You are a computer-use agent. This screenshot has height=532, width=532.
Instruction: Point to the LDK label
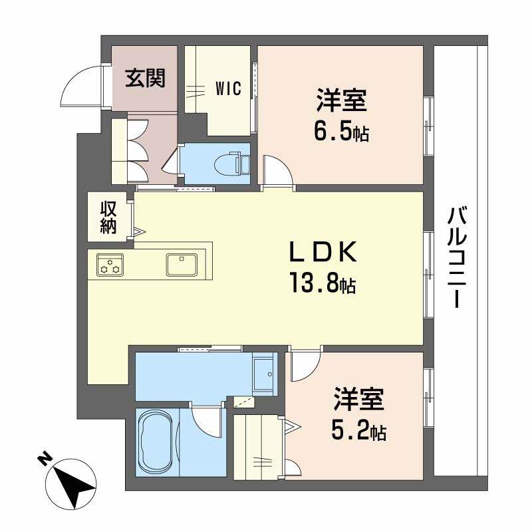click(324, 254)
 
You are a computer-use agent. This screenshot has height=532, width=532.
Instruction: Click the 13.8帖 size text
click(322, 285)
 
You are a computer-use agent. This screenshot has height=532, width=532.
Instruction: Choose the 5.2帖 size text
click(359, 433)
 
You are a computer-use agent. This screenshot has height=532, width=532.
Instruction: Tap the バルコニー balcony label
click(456, 256)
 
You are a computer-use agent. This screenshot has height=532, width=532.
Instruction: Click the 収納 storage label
click(108, 217)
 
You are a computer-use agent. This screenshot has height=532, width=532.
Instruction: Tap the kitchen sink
click(181, 264)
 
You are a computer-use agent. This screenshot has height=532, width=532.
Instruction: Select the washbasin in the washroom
click(265, 375)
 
